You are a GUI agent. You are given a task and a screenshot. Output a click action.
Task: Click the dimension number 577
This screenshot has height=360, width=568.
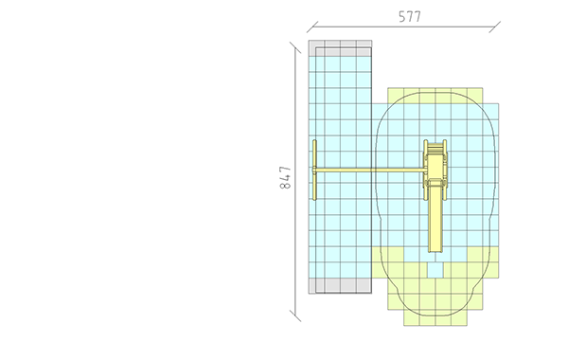coord(410,17)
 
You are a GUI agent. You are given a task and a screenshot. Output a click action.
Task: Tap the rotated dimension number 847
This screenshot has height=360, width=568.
coord(286,178)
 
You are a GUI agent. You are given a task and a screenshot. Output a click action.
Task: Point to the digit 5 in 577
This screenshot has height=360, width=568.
coord(402,17)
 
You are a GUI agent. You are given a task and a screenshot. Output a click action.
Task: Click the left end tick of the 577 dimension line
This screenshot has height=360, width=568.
coord(312,27)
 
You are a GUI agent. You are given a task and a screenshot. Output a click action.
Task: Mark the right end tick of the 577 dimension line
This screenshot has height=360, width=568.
coord(495,27)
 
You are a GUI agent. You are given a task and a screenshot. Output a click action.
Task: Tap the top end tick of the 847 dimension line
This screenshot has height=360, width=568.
coord(295,47)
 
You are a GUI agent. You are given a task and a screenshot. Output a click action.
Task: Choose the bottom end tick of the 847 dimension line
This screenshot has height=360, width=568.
coord(295,315)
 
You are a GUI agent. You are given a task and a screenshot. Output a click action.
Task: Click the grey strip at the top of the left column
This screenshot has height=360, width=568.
coord(340,48)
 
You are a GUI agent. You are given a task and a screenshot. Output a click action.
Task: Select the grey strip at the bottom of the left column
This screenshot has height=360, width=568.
coord(340,286)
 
